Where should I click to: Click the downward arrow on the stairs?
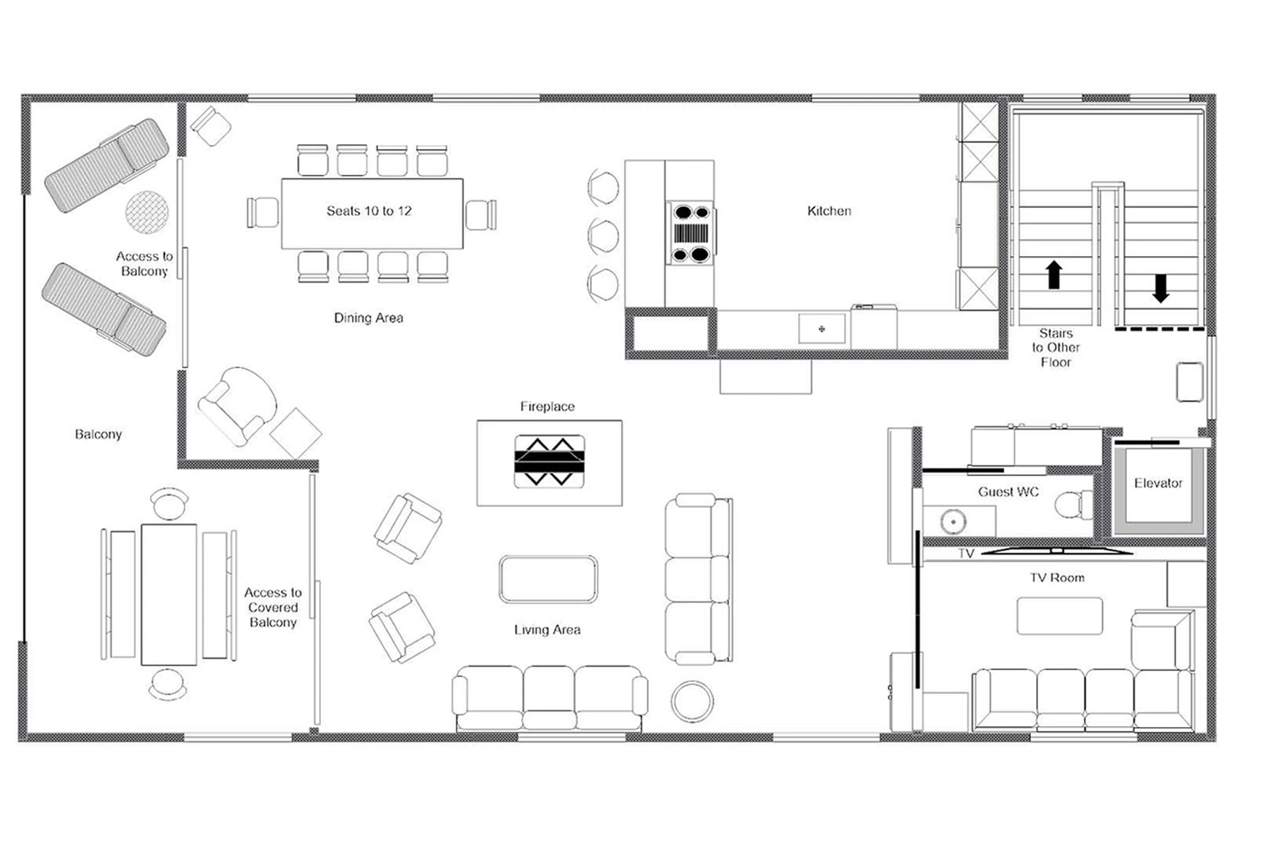(1160, 288)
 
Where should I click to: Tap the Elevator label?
(1158, 483)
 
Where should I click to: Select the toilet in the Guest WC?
(1072, 505)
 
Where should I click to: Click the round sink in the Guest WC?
(953, 521)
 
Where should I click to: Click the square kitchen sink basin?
(821, 328)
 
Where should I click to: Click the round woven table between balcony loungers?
(147, 212)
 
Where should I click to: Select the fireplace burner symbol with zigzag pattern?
(549, 461)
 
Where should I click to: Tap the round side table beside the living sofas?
(692, 702)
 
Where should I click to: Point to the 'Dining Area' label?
(369, 318)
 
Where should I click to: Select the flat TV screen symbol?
(1057, 551)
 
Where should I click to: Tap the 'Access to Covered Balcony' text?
(273, 607)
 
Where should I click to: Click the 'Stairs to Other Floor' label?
(1056, 348)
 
